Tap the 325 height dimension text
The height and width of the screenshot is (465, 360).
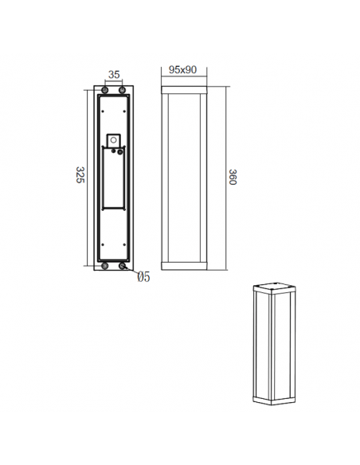(80, 175)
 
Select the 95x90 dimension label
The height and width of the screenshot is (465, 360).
(184, 70)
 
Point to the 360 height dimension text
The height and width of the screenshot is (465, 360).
(233, 176)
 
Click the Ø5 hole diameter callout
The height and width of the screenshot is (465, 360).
(143, 277)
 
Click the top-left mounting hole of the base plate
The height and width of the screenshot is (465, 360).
(104, 92)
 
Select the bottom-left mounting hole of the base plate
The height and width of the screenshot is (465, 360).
(104, 266)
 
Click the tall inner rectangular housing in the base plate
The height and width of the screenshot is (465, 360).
(112, 179)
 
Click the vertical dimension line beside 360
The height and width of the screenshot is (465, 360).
(224, 176)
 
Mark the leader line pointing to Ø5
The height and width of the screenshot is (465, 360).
(132, 272)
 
